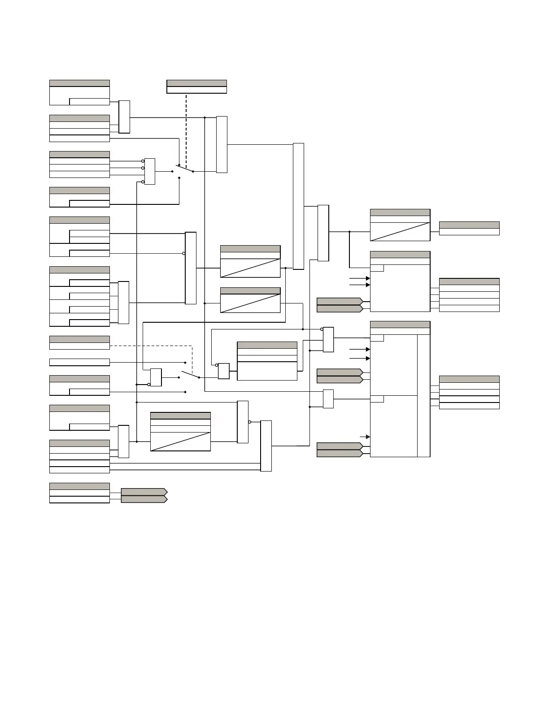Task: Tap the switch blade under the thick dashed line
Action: tap(184, 169)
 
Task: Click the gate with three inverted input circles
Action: tap(150, 171)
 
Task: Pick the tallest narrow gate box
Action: tap(298, 206)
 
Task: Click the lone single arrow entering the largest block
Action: tap(365, 437)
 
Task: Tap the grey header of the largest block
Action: tap(400, 325)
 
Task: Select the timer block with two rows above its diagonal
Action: tap(180, 432)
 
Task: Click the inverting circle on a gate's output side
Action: tap(249, 422)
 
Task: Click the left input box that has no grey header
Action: tap(79, 362)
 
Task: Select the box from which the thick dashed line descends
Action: tap(196, 87)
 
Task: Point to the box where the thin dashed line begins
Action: tap(79, 343)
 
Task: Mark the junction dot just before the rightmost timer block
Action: tap(349, 232)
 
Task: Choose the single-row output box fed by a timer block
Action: tap(469, 229)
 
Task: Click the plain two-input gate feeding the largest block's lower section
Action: tap(328, 399)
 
